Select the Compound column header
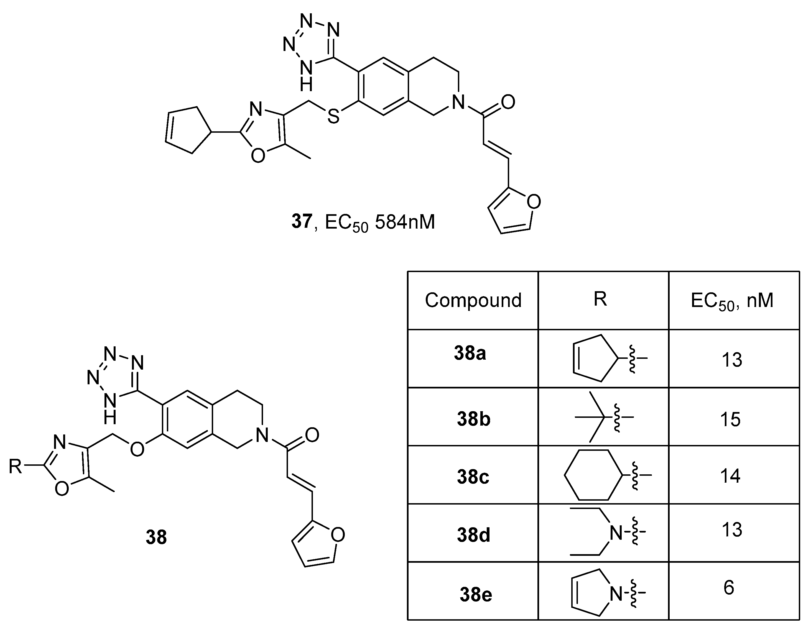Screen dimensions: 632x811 [x=473, y=300]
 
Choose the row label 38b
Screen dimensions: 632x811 [x=473, y=419]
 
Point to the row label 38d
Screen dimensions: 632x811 [x=473, y=535]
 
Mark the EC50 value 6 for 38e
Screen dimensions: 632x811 [x=729, y=588]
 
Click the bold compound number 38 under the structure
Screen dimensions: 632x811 [x=156, y=537]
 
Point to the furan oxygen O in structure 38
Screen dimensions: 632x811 [x=338, y=535]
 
